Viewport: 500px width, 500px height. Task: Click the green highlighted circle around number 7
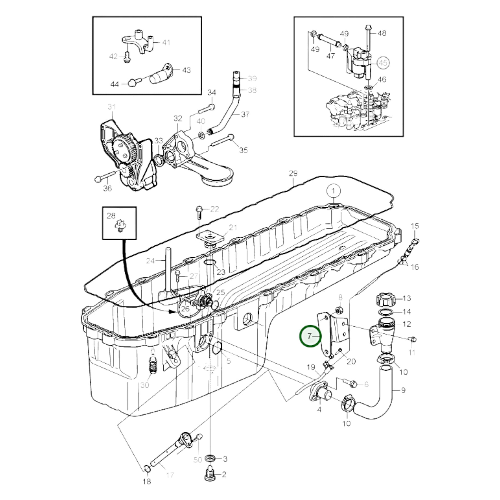pos(310,336)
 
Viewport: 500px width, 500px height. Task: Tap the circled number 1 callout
pos(333,191)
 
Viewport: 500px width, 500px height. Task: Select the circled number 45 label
pos(383,63)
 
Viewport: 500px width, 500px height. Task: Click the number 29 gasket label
pos(293,173)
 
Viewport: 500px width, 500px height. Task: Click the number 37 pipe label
pos(245,114)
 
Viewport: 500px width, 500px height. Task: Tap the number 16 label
pos(415,267)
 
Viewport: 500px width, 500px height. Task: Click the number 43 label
pos(187,70)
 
